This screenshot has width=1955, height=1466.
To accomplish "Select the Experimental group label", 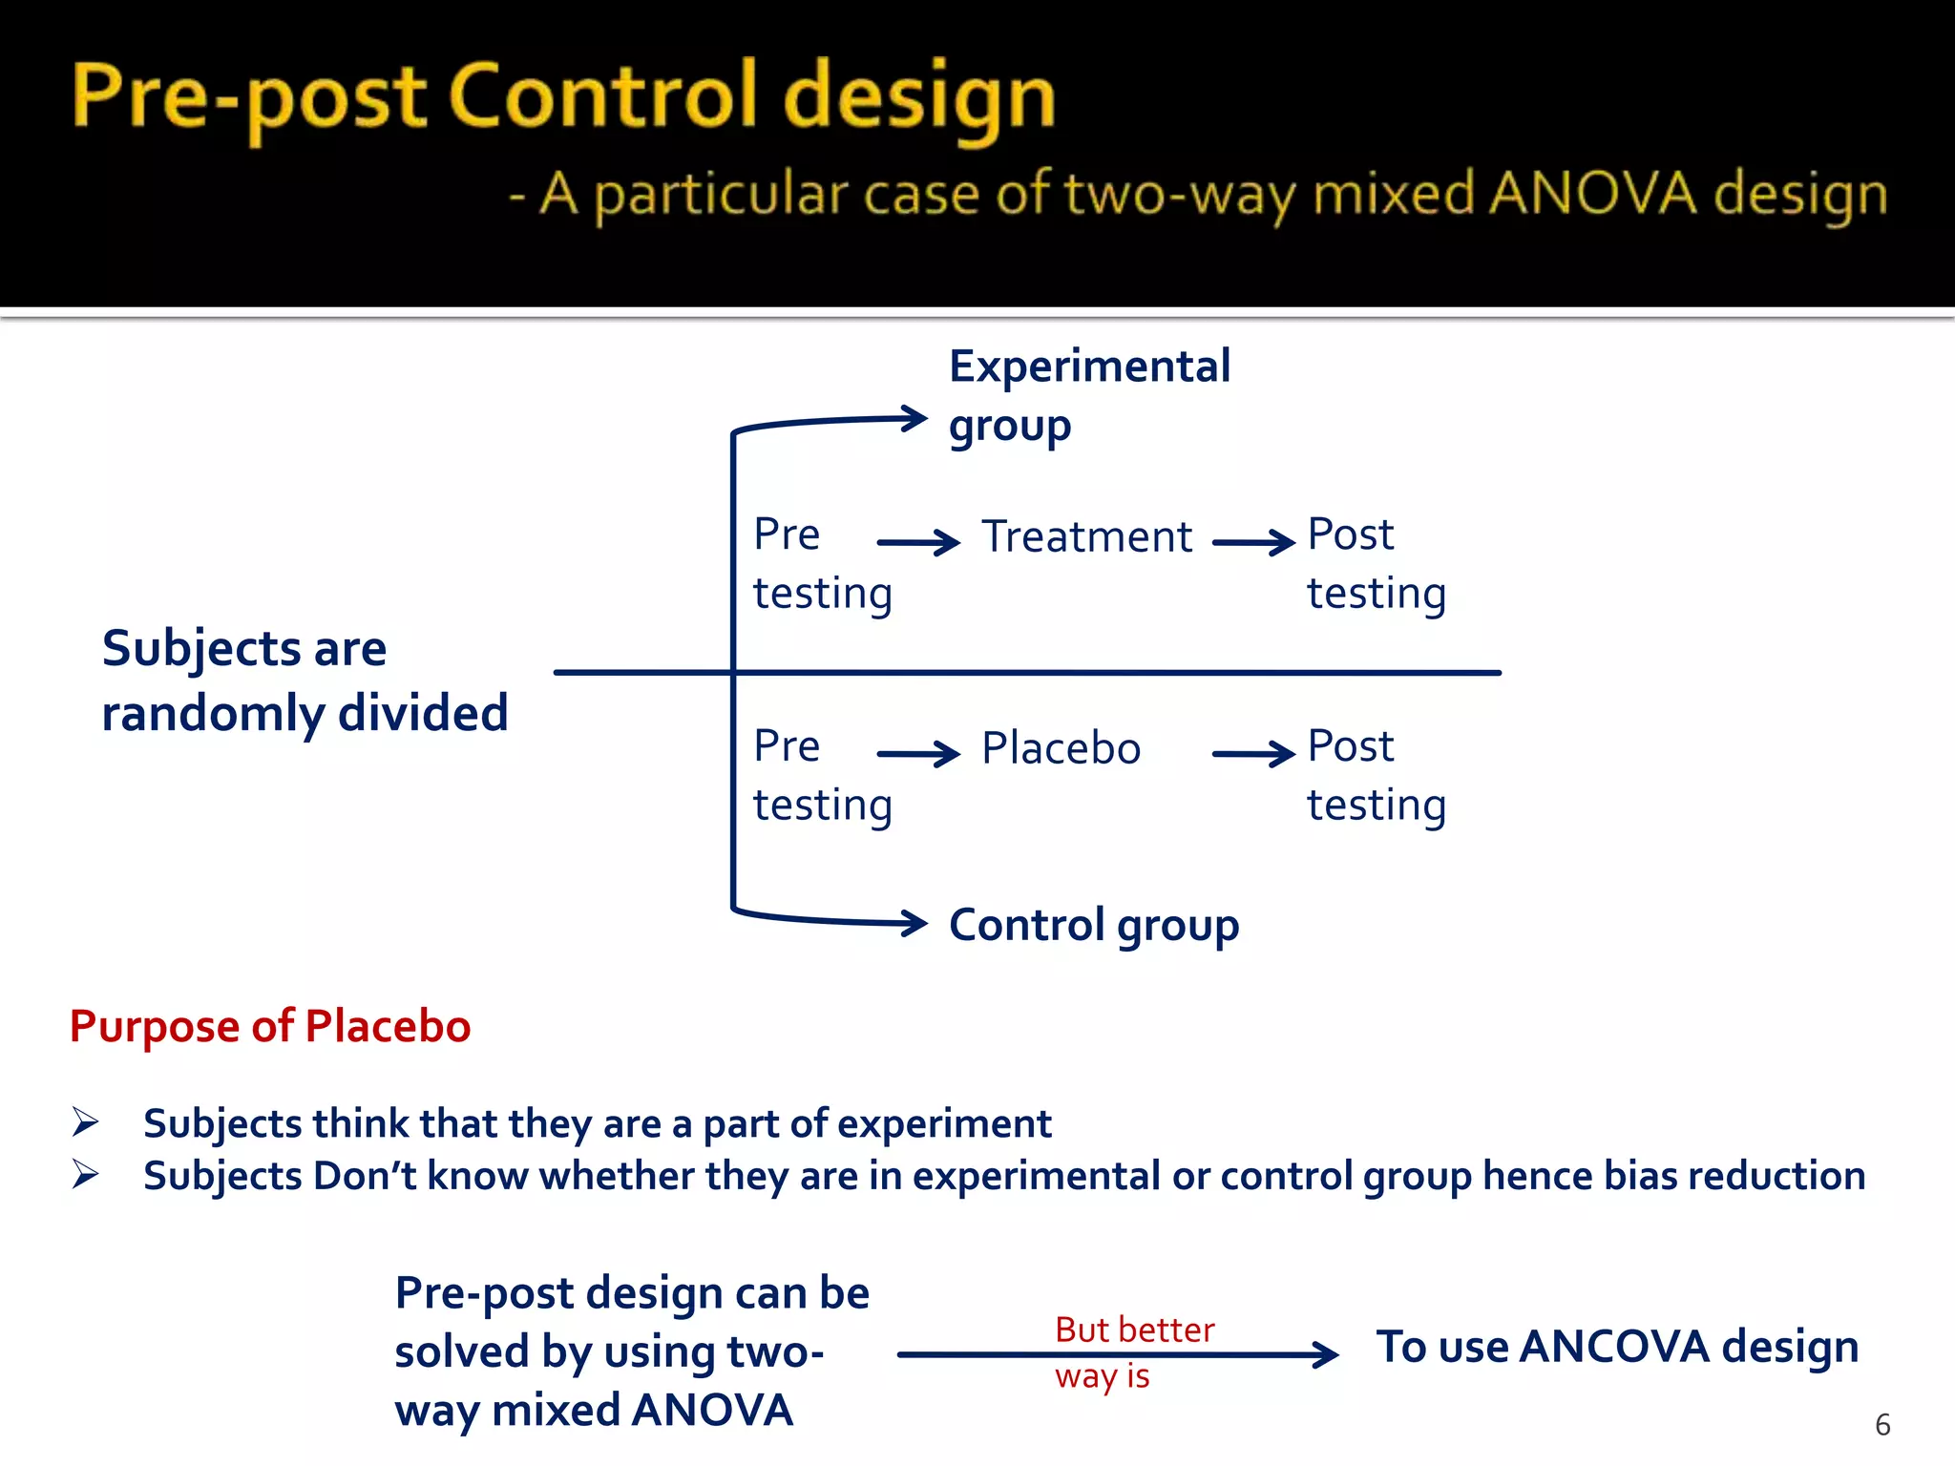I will [1088, 394].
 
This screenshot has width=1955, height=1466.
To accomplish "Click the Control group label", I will [1093, 925].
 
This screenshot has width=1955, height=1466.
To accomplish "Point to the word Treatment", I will [1086, 537].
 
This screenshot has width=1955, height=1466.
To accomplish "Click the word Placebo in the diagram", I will [1061, 748].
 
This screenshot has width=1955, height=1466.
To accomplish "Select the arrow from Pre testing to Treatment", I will [918, 543].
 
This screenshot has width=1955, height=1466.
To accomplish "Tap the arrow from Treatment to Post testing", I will [1253, 543].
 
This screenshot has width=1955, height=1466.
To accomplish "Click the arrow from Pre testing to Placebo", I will [918, 754].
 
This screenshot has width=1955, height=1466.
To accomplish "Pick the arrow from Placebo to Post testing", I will [1253, 754].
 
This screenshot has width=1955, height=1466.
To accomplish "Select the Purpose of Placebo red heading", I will [270, 1027].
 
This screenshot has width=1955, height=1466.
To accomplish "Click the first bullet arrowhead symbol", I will [86, 1122].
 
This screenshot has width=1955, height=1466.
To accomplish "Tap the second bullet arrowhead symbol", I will [86, 1175].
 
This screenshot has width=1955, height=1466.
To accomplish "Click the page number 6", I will [1881, 1425].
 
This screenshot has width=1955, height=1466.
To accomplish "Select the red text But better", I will [1134, 1330].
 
